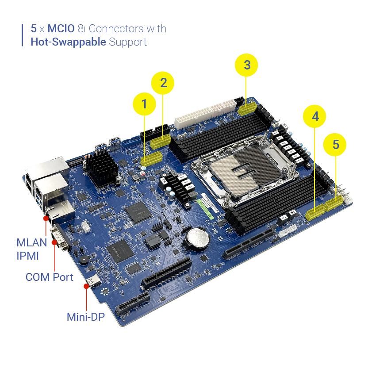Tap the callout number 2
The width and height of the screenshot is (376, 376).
click(x=164, y=83)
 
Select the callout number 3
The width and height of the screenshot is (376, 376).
click(x=247, y=65)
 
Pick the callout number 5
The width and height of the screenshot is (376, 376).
click(x=336, y=144)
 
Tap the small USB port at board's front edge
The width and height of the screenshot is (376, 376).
click(x=95, y=281)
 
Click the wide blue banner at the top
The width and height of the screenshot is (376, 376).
click(x=199, y=40)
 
